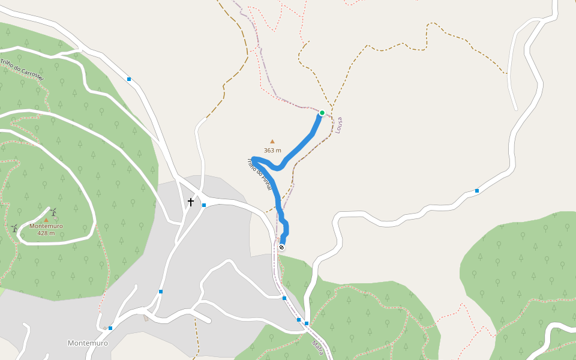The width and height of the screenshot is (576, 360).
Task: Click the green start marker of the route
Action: [x=322, y=113]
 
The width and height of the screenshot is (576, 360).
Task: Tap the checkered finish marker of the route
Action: [x=281, y=247]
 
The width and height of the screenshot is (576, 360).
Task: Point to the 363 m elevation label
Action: [x=272, y=150]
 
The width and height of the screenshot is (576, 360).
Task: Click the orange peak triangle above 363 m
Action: [x=272, y=142]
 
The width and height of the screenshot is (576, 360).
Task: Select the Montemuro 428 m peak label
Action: [x=46, y=229]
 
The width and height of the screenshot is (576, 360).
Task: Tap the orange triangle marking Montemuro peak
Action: [x=46, y=220]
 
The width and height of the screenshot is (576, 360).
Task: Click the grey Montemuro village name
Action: [x=88, y=343]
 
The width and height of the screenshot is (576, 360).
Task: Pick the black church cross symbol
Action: [x=191, y=202]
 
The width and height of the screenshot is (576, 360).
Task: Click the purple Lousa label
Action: [x=339, y=125]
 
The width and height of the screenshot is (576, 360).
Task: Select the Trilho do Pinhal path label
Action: [x=260, y=175]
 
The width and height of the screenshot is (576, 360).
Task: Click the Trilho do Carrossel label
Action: [x=22, y=70]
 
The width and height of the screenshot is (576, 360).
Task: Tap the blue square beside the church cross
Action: [x=204, y=205]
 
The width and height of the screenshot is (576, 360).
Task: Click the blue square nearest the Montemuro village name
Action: [x=110, y=328]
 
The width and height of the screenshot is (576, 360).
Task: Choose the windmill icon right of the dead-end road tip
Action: [x=53, y=211]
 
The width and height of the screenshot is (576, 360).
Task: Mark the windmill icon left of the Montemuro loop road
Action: [x=14, y=228]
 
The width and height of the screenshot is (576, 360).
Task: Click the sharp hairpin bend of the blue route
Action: [x=254, y=159]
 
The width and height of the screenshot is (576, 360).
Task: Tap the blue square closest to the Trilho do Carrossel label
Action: [x=129, y=79]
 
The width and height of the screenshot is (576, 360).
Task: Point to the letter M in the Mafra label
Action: [x=314, y=343]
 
